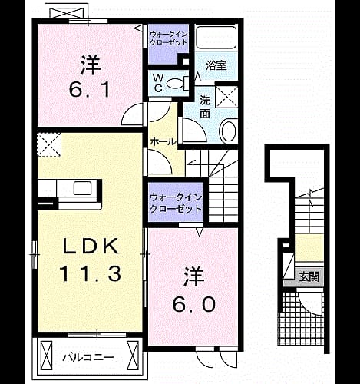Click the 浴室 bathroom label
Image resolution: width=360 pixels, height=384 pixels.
coord(216,65)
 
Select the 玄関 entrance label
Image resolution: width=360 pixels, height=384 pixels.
coord(309,276)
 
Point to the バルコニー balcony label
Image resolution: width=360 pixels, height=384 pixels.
coord(88,357)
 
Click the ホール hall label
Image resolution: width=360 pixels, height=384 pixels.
coord(163,141)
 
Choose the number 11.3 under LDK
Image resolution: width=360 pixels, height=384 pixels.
coord(90,273)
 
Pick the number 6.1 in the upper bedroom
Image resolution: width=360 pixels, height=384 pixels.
coord(90,90)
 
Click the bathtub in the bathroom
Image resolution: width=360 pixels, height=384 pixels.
coord(216,38)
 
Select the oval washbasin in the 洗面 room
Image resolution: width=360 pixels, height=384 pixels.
coord(228,131)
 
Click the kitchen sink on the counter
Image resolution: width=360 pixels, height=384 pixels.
coord(82,188)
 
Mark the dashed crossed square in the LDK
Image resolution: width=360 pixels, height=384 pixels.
coord(49,144)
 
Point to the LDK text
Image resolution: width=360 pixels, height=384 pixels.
coord(91,247)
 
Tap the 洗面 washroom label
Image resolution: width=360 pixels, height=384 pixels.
coord(205,107)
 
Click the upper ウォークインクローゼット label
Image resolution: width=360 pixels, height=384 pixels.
coord(169,38)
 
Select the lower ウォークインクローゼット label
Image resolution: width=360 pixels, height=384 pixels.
coord(176,203)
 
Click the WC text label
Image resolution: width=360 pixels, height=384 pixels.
coord(159,83)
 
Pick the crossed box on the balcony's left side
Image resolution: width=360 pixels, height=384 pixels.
coord(46,358)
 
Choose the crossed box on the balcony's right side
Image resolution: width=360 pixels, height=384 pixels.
coord(133,358)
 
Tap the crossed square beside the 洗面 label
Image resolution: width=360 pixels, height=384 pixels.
coord(226,97)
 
